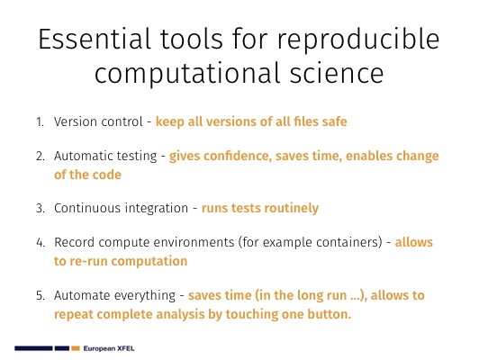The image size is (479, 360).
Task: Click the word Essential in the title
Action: (x=95, y=39)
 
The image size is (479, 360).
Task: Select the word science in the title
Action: (x=337, y=73)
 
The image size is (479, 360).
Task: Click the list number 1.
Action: (x=40, y=121)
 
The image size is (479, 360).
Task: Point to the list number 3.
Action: (x=40, y=208)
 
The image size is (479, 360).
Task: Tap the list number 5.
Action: (x=40, y=295)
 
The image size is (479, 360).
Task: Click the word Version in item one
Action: (x=74, y=121)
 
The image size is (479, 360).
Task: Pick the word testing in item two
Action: (x=140, y=157)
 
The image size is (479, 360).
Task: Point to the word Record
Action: (x=74, y=242)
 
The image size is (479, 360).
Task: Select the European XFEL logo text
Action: (x=109, y=348)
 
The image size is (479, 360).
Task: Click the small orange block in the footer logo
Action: (x=76, y=348)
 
